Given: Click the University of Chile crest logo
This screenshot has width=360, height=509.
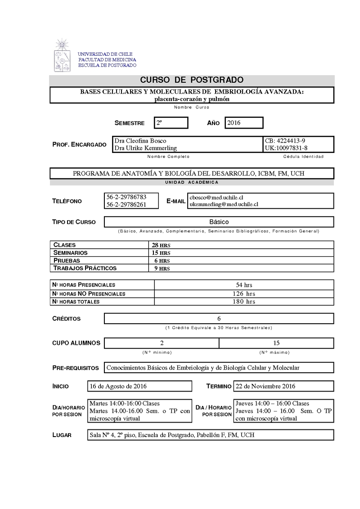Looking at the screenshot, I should coord(62,56).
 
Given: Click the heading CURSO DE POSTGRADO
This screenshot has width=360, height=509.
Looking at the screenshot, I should coord(192,80).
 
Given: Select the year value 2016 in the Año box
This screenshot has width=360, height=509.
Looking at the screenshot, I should coord(234,123).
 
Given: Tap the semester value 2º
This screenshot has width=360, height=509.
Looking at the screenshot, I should coord(159,123).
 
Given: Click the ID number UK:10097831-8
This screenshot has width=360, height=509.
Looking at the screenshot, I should coord(287,148).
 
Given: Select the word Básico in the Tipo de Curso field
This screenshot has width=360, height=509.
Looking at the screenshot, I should coord(219,222).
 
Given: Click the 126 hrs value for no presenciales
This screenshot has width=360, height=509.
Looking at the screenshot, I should coord(244,294).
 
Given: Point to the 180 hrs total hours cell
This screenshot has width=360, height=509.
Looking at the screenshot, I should coord(244,301).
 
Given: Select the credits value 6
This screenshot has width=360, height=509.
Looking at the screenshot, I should coord(219,318).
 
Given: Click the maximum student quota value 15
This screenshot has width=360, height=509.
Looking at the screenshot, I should coord(276,343).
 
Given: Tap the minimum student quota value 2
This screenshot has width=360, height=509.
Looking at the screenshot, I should coord(162,343).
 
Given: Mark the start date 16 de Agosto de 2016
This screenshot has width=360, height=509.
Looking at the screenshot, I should coord(118,386).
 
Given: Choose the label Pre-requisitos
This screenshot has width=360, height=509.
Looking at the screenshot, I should coord(76,368).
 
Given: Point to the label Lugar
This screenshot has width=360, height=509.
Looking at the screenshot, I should coord(62,435).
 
